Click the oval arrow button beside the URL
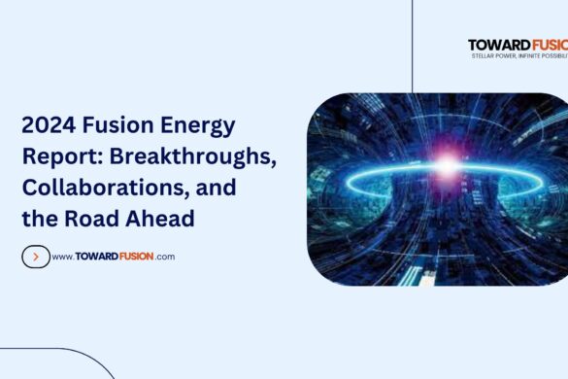[35, 257]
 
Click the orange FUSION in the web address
[131, 257]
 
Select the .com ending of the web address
[164, 258]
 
